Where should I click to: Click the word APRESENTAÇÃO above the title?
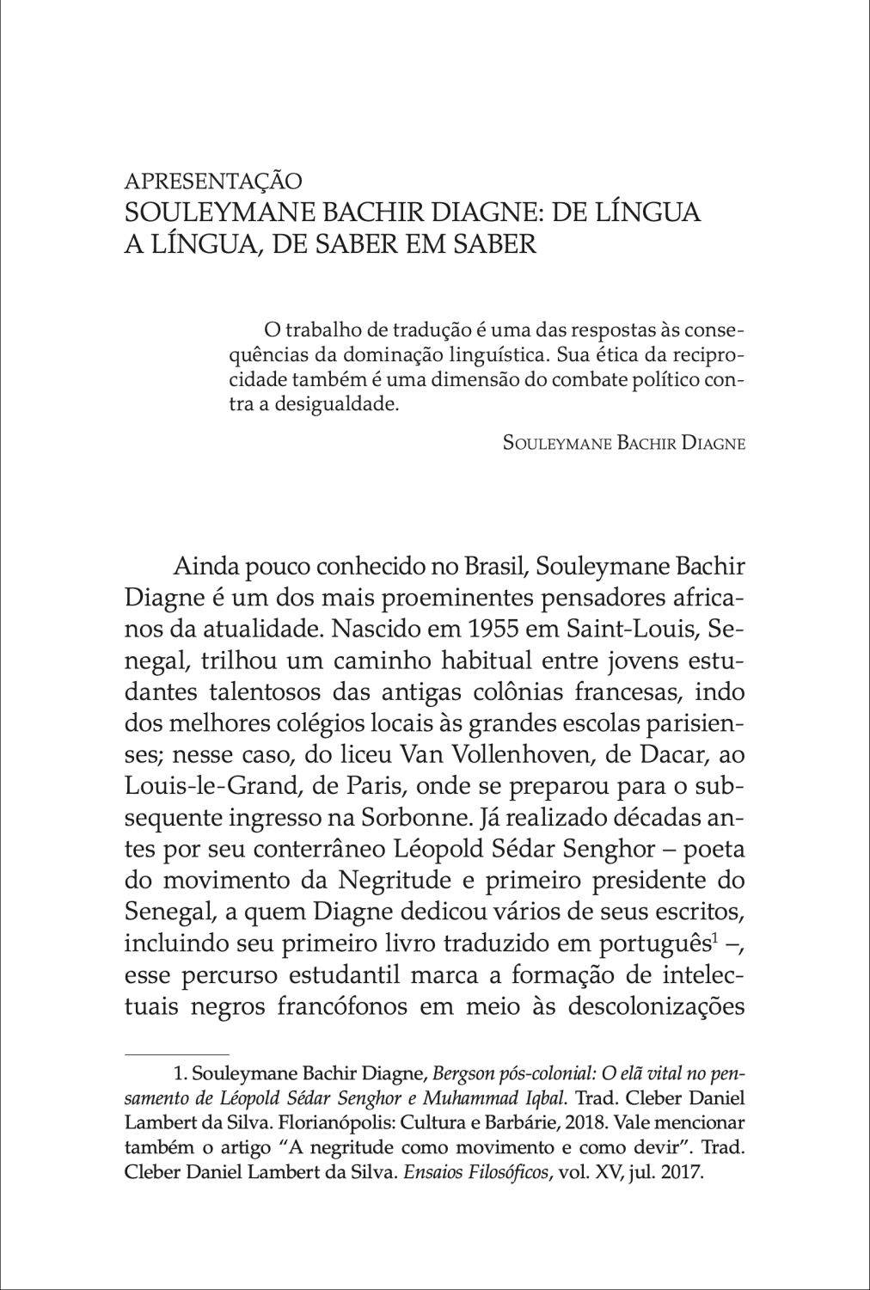tap(213, 181)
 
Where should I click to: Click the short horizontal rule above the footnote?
tap(177, 1053)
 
